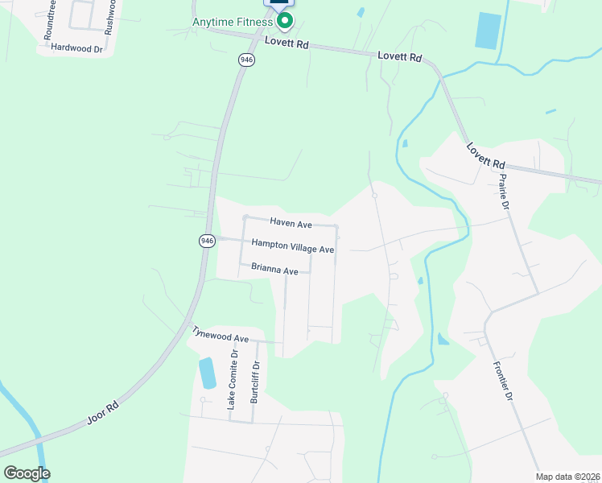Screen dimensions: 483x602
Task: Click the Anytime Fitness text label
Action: tap(232, 22)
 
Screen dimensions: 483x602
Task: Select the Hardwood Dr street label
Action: tap(77, 48)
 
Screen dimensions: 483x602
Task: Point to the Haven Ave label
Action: tap(291, 222)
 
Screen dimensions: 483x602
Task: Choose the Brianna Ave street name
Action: tap(274, 270)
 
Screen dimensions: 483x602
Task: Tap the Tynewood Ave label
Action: tap(220, 335)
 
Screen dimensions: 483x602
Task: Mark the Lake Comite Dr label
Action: tap(232, 379)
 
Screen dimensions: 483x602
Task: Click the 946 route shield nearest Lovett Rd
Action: tap(246, 60)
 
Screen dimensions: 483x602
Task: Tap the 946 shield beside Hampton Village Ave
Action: tap(207, 241)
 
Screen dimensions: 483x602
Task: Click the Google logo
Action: tap(27, 473)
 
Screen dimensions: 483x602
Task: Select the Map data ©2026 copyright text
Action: tap(567, 477)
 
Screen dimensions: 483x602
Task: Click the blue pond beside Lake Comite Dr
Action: tap(207, 372)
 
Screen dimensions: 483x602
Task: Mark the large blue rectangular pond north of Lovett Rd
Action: tap(487, 31)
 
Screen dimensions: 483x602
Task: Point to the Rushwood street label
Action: tap(112, 16)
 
